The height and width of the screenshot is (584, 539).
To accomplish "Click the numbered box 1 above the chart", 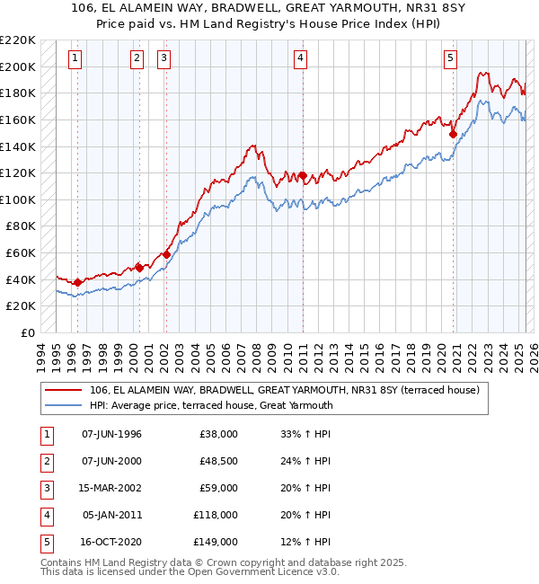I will (x=75, y=58).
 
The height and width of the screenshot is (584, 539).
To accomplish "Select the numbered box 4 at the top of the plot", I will (x=300, y=58).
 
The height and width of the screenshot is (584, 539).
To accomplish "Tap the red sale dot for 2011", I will (x=303, y=175).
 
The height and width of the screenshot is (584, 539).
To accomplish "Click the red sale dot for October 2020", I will (x=454, y=134).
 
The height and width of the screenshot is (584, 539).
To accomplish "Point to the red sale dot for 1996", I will (x=77, y=282).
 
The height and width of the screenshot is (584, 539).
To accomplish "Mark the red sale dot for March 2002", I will (x=167, y=254).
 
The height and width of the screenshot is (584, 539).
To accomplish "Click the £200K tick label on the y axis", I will (x=18, y=66).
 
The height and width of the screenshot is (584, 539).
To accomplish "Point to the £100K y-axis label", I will (x=18, y=199).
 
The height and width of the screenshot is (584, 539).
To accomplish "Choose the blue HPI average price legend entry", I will (x=211, y=405).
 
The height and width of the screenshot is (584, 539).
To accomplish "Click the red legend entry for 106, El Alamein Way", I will (x=285, y=390).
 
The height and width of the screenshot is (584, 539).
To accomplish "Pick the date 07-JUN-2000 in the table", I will (x=111, y=462).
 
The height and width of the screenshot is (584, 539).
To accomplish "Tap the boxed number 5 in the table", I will (x=44, y=542).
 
